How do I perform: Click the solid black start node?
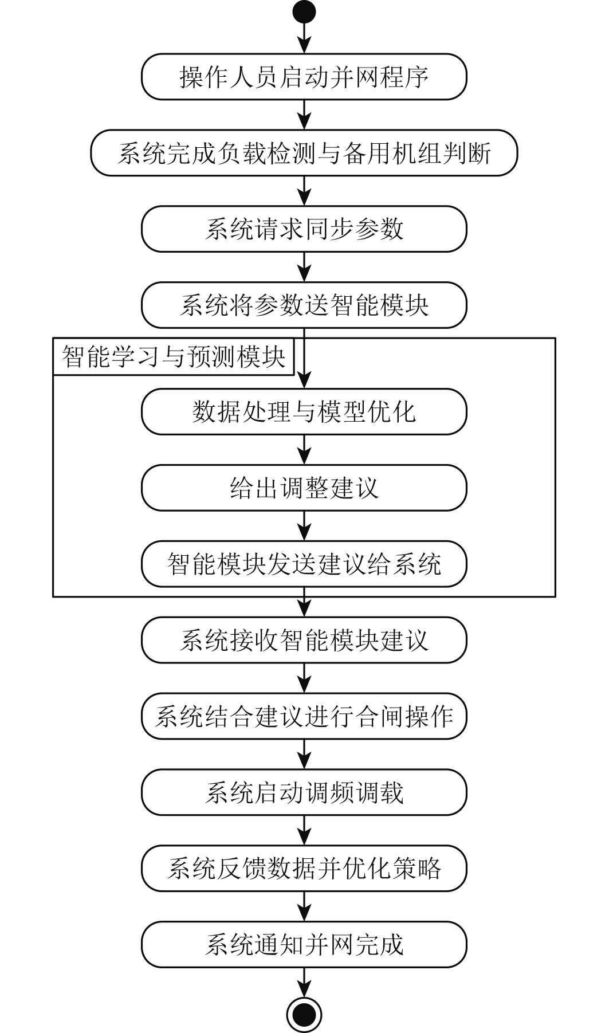[x=304, y=11]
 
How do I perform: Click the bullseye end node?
[x=304, y=1015]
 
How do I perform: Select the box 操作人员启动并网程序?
[x=304, y=77]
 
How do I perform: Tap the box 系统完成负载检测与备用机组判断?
[x=304, y=153]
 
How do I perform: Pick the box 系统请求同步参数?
[x=304, y=229]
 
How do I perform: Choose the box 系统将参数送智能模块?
[x=304, y=305]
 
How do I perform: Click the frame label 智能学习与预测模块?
[x=173, y=356]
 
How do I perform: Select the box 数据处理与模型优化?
[x=304, y=412]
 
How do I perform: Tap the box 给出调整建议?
[x=304, y=488]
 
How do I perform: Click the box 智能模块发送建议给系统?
[x=304, y=564]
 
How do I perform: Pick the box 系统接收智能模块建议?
[x=304, y=640]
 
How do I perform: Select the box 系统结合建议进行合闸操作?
[x=304, y=716]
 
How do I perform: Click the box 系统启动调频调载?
[x=304, y=792]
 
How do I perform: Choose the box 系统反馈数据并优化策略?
[x=304, y=869]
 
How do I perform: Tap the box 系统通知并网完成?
[x=304, y=945]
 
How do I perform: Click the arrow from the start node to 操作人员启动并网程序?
[x=304, y=38]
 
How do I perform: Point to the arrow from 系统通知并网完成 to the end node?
[x=304, y=982]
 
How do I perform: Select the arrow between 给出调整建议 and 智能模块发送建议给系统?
[x=304, y=526]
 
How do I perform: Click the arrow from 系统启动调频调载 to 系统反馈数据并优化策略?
[x=304, y=830]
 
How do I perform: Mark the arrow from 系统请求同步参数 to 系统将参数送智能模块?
[x=304, y=267]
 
